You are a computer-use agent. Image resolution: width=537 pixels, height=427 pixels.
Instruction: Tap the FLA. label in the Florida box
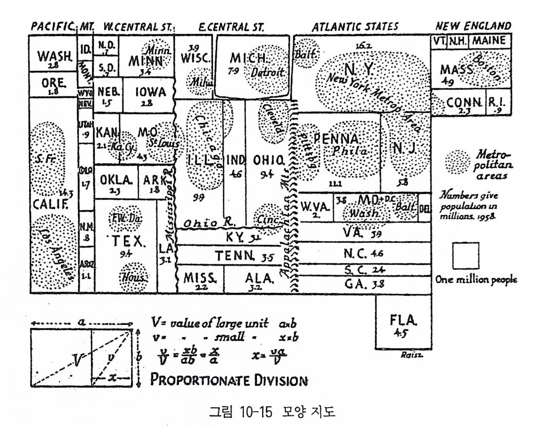click(403, 321)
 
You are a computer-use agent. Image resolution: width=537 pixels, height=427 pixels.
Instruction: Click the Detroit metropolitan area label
click(267, 73)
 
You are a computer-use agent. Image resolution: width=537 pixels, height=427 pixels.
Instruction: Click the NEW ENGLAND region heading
click(474, 26)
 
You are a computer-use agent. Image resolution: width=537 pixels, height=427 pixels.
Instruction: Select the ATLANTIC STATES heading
click(355, 26)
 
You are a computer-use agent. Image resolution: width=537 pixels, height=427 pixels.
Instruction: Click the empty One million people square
click(465, 256)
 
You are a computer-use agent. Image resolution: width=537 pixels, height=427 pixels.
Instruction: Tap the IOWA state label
click(151, 92)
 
